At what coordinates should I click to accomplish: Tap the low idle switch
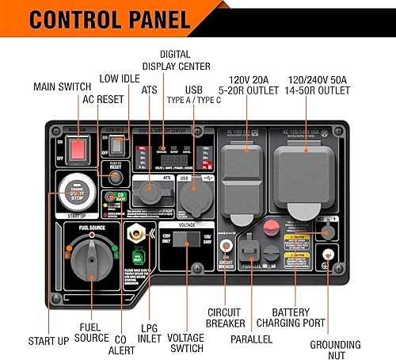tap(117, 146)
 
